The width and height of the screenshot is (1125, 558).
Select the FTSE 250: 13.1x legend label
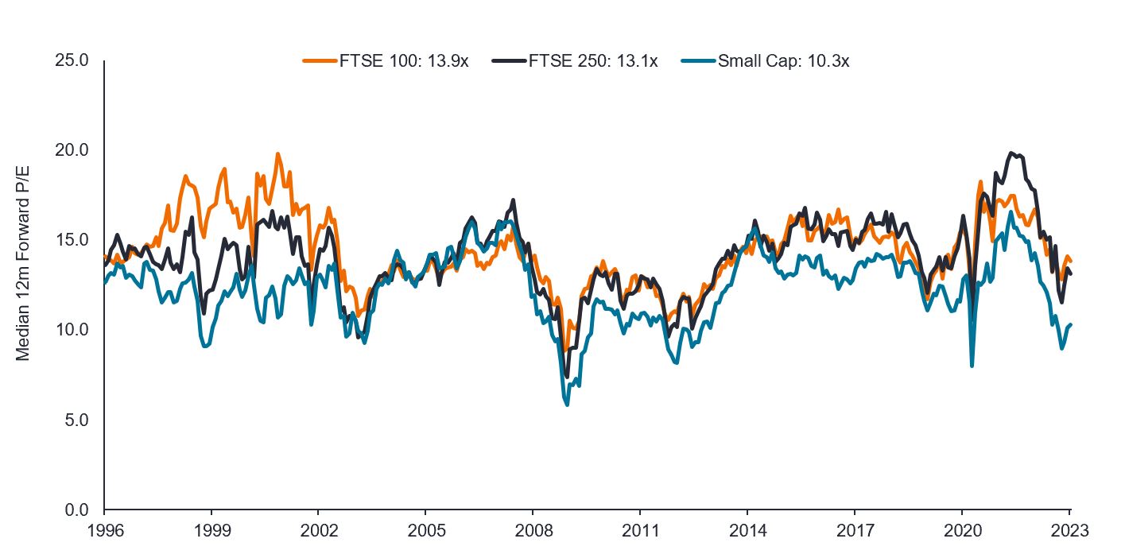click(593, 61)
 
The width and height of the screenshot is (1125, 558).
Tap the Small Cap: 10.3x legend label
click(784, 61)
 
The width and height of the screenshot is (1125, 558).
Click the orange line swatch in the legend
click(319, 61)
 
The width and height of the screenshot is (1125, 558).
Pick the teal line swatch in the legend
click(698, 61)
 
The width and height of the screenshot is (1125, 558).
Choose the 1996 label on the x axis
click(104, 529)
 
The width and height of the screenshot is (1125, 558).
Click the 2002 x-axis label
click(318, 529)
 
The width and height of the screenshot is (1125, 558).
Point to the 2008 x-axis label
click(533, 529)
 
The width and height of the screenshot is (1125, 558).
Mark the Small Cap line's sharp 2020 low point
click(972, 366)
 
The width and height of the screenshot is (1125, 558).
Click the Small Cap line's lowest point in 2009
click(567, 405)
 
